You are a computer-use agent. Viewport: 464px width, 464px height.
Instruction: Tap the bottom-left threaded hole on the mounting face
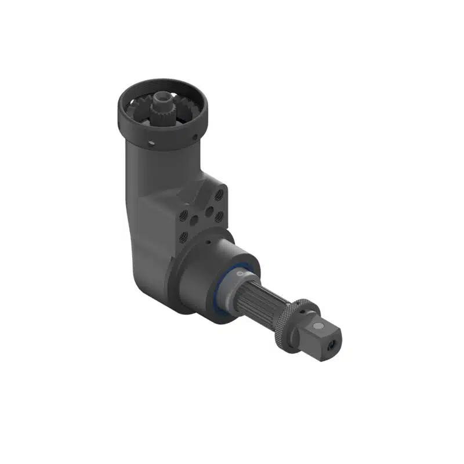pos(183,236)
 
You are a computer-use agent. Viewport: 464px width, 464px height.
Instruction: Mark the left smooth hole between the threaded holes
pos(195,220)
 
